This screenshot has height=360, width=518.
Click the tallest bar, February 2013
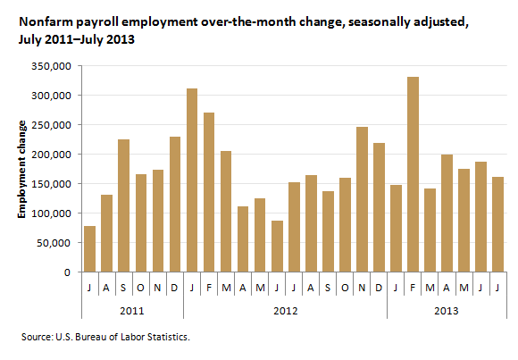(x=413, y=174)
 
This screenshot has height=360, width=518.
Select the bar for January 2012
(x=192, y=180)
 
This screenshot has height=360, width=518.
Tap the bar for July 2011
(x=90, y=249)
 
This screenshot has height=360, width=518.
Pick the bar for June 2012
(x=277, y=247)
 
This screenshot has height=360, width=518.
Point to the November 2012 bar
(x=362, y=199)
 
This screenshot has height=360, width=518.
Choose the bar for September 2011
(x=124, y=205)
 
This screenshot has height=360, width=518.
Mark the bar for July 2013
(x=497, y=224)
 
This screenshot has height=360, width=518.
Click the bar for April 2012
(x=243, y=239)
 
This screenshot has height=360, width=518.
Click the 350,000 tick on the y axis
(x=51, y=66)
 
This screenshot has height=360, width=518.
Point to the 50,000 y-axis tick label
(x=54, y=243)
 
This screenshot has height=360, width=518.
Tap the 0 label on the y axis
(x=67, y=272)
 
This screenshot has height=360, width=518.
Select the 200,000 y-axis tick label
(x=51, y=155)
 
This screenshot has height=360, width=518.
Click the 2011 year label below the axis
(x=132, y=311)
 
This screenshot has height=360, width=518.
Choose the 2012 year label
(x=286, y=311)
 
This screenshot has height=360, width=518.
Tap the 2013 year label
(x=447, y=311)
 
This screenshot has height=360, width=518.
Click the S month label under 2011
(x=123, y=288)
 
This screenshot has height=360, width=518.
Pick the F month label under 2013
(x=413, y=288)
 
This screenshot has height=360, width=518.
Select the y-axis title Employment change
(x=21, y=169)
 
